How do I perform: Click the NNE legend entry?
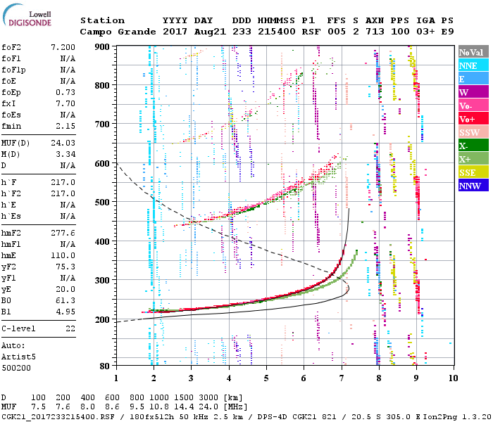pyautogui.click(x=473, y=65)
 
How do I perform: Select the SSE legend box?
pyautogui.click(x=473, y=173)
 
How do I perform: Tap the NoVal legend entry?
pyautogui.click(x=473, y=52)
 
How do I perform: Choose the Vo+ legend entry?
pyautogui.click(x=473, y=120)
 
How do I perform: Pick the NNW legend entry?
pyautogui.click(x=473, y=186)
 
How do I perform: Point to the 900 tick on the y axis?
pyautogui.click(x=103, y=47)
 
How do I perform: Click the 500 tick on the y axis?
pyautogui.click(x=103, y=203)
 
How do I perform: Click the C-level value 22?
pyautogui.click(x=70, y=328)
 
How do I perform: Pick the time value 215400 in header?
pyautogui.click(x=277, y=32)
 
